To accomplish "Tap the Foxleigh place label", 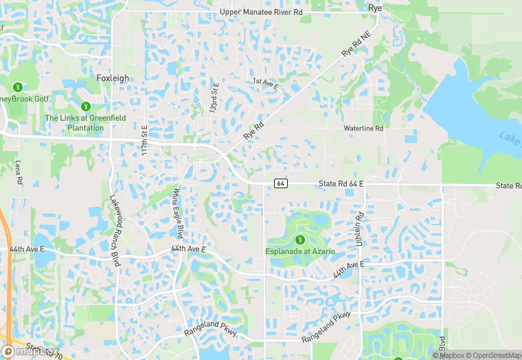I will coord(113,78).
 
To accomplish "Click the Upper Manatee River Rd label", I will coord(262,12).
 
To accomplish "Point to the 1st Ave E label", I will coord(266,85).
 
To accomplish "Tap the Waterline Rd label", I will coord(363,128).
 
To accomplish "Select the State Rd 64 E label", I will coord(341,184).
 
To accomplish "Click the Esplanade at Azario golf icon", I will coord(300,240).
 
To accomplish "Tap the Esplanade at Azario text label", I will coord(300,251).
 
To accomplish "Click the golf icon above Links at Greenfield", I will coord(86,106).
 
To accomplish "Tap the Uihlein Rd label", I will coord(359,227).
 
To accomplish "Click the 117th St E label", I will coord(145,139).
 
